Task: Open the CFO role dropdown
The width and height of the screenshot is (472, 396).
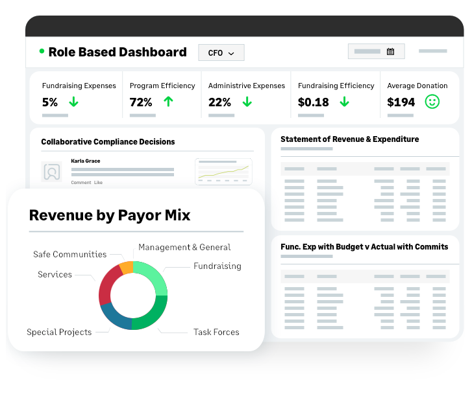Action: [221, 53]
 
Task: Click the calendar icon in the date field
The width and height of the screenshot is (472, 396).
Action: [390, 51]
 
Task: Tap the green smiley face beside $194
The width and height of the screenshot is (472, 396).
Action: [432, 102]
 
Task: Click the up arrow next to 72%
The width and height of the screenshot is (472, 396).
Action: [168, 102]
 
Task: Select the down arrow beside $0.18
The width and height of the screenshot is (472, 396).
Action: [344, 102]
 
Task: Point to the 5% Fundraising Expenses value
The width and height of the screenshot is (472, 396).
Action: [50, 102]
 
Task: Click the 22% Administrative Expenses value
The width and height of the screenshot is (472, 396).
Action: [219, 102]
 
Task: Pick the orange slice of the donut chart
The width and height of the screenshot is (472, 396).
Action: [127, 268]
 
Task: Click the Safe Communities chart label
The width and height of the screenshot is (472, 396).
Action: [70, 254]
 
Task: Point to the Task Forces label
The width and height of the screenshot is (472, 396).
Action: [216, 332]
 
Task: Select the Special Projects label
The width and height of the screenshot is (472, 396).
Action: [59, 332]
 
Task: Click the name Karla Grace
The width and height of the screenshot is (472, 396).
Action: [86, 161]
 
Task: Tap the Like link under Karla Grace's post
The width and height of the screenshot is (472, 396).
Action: [98, 182]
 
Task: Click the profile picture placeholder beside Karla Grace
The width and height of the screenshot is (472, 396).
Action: [52, 172]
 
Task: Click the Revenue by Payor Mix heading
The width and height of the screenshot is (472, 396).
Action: [110, 215]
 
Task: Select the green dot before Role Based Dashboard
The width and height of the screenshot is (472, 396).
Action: [42, 51]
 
